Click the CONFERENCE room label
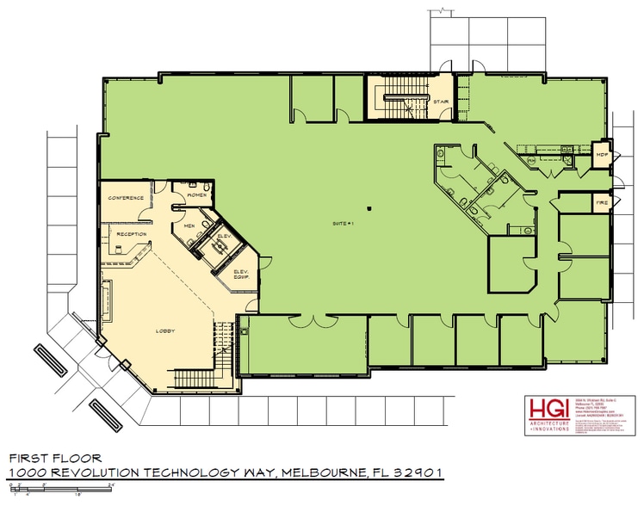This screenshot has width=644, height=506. tap(125, 198)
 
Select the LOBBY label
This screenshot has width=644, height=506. tap(164, 330)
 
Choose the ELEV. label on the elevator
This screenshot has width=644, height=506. tap(222, 235)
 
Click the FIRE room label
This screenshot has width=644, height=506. tap(602, 203)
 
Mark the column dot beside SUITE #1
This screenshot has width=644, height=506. tap(368, 207)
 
